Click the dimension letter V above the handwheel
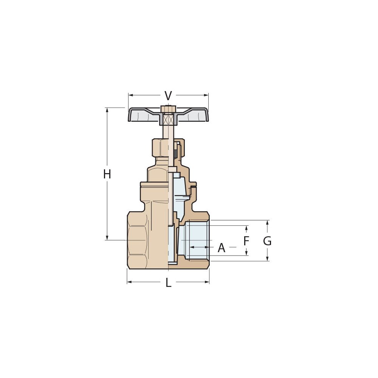coord(168,96)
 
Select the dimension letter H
coord(107,174)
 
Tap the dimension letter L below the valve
coord(168,282)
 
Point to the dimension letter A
coord(222,248)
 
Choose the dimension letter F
coord(246,241)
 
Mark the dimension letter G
coord(267,241)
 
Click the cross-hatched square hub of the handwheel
coord(168,119)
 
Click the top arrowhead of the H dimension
coord(107,110)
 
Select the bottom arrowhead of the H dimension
coord(107,238)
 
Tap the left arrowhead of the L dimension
coord(129,282)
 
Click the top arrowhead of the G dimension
coord(267,222)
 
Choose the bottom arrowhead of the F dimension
coord(246,254)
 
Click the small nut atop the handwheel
coord(168,108)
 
